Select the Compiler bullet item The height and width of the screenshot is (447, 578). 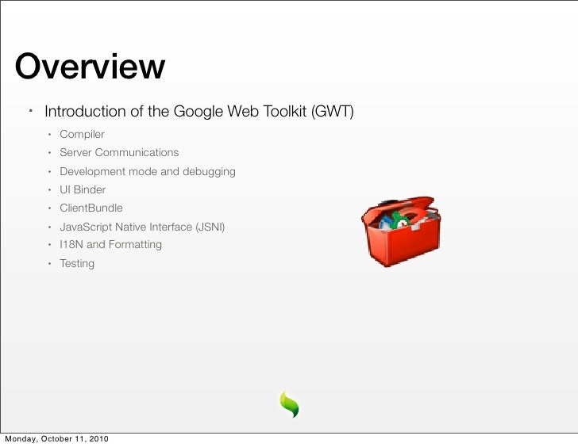pos(82,134)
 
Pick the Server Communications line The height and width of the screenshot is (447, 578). pos(119,152)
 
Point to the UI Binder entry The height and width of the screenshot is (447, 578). pos(83,190)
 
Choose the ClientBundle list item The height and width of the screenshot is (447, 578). pos(91,208)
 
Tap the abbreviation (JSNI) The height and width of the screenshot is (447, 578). pos(210,227)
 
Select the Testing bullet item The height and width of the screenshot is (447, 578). pos(77,263)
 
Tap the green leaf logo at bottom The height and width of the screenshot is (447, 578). pos(288,404)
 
